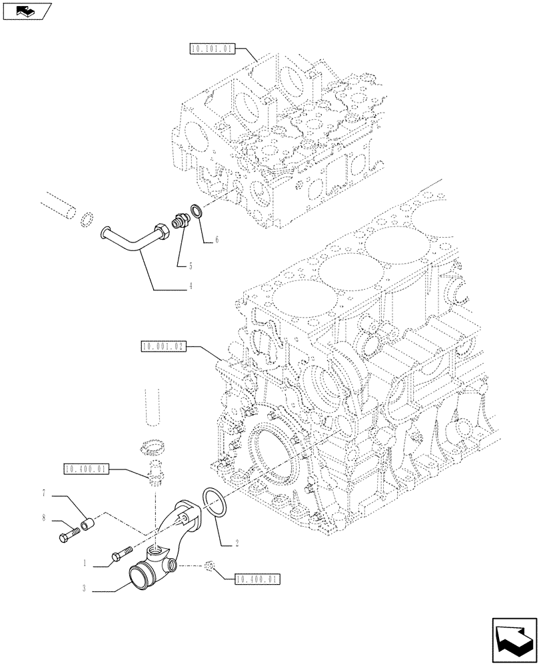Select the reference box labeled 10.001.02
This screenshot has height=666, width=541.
(x=163, y=346)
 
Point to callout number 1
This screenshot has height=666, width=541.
(x=85, y=563)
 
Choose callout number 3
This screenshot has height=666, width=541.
(x=85, y=588)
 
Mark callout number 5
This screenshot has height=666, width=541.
(x=190, y=265)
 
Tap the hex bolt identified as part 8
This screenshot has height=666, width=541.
(x=68, y=534)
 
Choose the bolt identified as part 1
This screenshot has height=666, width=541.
(x=121, y=553)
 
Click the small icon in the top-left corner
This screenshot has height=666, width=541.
(x=25, y=10)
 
